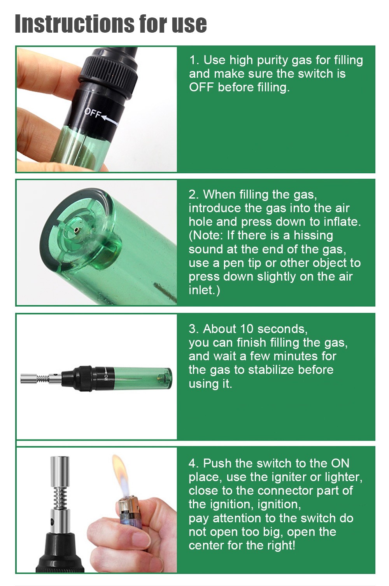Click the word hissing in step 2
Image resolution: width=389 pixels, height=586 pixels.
(x=313, y=235)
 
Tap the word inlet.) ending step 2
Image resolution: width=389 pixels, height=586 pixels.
(x=204, y=290)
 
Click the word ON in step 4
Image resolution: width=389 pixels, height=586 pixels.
(x=340, y=463)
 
